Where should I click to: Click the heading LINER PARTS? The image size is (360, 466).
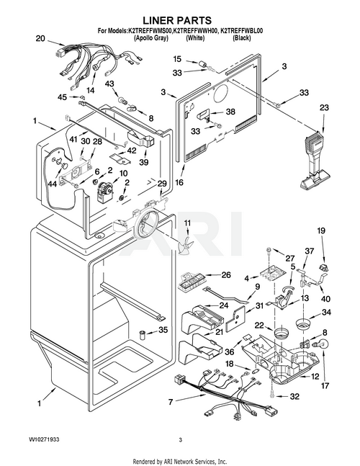tap(177, 20)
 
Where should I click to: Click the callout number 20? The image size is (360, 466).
tap(41, 39)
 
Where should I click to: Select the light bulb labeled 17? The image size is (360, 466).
tap(323, 344)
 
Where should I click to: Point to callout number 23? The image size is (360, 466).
tap(324, 107)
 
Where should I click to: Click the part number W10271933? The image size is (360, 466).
tap(44, 439)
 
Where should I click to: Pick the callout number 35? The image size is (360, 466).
tap(163, 330)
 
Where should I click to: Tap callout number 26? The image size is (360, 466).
tap(226, 275)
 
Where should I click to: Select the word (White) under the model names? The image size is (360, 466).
tap(195, 38)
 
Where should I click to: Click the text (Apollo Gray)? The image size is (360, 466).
tap(151, 38)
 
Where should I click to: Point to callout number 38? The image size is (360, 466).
tap(230, 112)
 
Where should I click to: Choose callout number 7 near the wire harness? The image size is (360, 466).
tap(171, 402)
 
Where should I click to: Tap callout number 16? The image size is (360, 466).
tap(179, 182)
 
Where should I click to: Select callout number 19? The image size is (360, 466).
tap(321, 230)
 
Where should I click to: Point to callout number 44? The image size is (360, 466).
tap(53, 184)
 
